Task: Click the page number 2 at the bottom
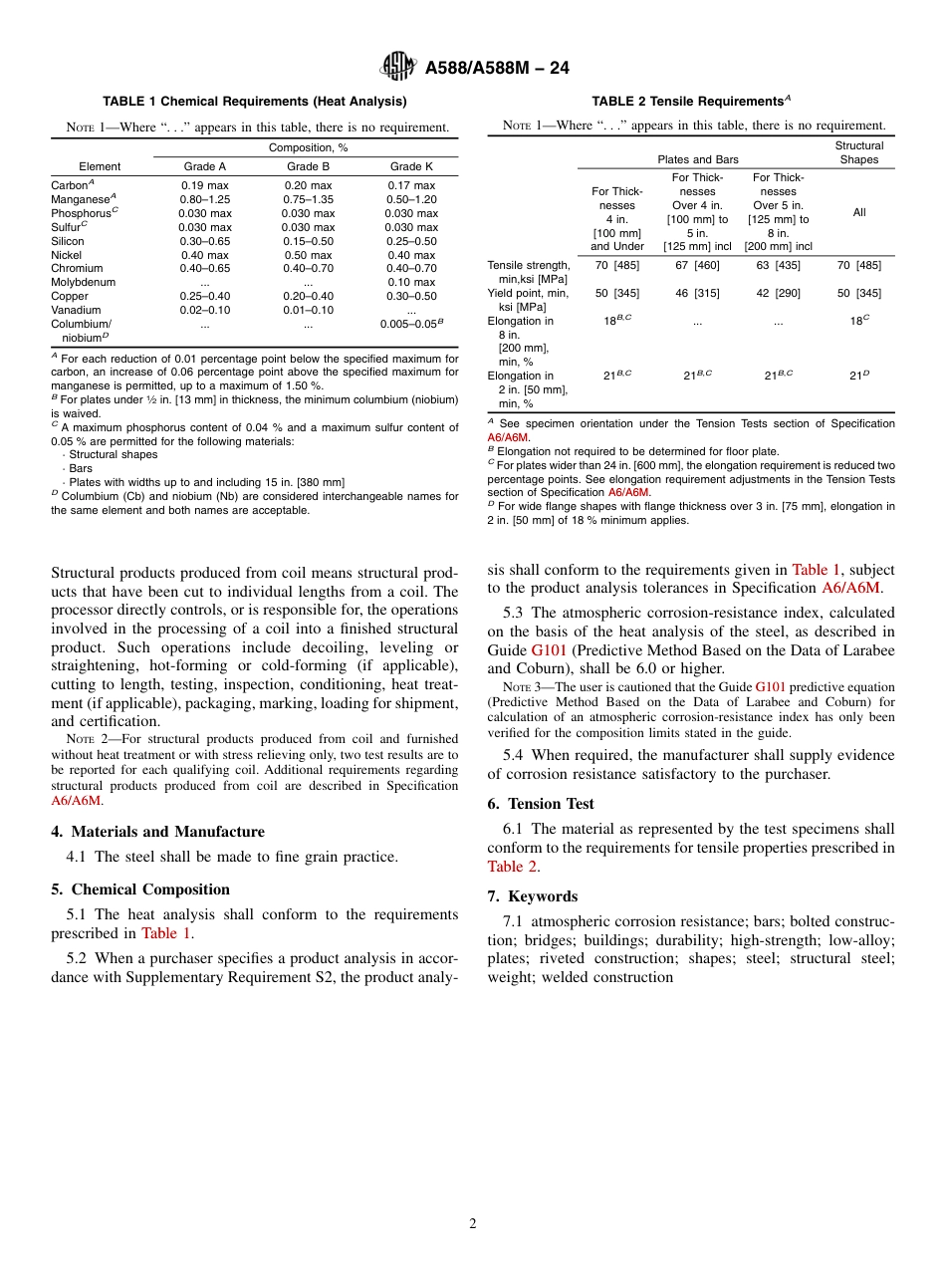coord(473,1223)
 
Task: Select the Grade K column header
coord(411,166)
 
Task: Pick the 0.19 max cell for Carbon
coord(204,185)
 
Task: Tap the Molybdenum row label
coord(83,282)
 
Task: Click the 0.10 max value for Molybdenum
coord(411,282)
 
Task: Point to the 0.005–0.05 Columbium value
coord(408,324)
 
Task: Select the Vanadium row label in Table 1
coord(76,310)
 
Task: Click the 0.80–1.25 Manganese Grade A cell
coord(204,199)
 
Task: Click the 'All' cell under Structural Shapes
coord(858,212)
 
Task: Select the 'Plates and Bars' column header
coord(698,159)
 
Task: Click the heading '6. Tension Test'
coord(541,804)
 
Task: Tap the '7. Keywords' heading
coord(532,896)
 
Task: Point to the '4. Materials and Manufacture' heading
coord(158,832)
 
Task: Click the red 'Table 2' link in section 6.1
coord(505,867)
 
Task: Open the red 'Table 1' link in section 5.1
coord(165,933)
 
